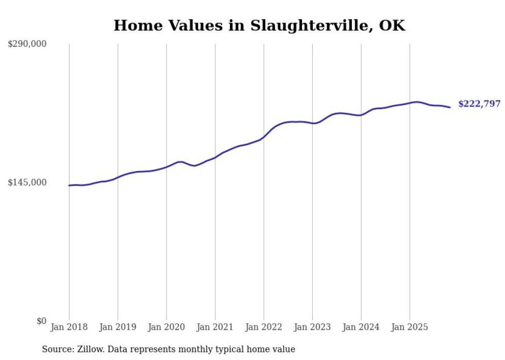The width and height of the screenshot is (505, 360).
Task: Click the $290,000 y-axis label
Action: click(27, 44)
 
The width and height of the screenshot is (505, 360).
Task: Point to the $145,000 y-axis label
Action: click(27, 183)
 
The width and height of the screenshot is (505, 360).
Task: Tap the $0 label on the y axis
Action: click(42, 321)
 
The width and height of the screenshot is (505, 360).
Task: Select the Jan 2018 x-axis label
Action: click(69, 327)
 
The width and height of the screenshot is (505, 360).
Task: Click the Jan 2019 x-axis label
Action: click(117, 327)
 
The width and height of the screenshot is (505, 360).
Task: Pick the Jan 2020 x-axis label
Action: click(166, 327)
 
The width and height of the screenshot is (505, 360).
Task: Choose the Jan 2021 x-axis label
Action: click(215, 327)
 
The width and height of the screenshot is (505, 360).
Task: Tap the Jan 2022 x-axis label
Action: click(264, 327)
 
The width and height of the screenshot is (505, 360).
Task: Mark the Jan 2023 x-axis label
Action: click(312, 327)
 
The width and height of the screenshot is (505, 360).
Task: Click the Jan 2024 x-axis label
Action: click(361, 327)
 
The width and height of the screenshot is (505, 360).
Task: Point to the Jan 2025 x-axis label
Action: click(410, 327)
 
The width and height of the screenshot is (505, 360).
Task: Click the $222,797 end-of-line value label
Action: click(479, 104)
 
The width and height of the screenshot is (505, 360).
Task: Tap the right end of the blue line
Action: click(450, 107)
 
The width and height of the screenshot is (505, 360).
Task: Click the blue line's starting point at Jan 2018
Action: click(69, 185)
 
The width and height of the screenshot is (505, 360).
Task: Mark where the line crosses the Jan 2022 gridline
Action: click(264, 137)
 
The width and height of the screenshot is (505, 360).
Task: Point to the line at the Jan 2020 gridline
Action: click(166, 167)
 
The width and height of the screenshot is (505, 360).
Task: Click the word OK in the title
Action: click(392, 25)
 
